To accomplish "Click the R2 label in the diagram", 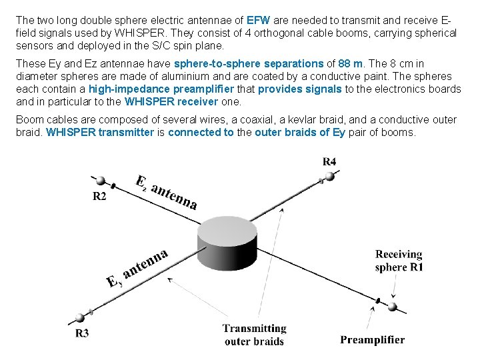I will tap(99, 195).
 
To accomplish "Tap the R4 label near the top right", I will tap(329, 161).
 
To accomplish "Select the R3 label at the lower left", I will tap(82, 333).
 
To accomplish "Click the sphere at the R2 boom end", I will tap(101, 181).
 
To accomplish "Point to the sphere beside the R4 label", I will tap(328, 177).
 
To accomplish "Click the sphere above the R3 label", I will tap(82, 317).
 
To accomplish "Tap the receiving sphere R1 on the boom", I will tap(393, 307).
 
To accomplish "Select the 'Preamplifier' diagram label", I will tap(372, 340).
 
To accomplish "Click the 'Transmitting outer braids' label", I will tap(254, 335).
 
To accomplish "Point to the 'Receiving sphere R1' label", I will tap(399, 261).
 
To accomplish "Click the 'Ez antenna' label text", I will tap(167, 192).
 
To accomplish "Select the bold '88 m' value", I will tap(351, 64).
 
